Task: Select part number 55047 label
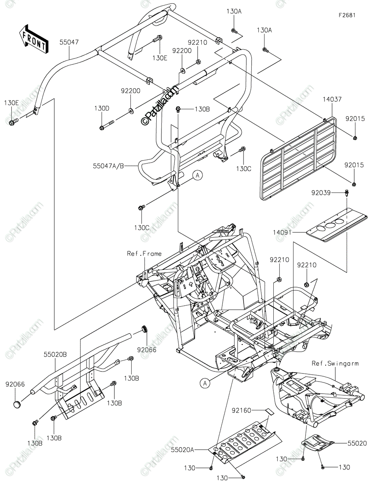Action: (x=70, y=42)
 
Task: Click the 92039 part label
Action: (x=320, y=193)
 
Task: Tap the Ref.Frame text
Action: (x=144, y=254)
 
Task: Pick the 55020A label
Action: (x=183, y=449)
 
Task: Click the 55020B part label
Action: (x=55, y=355)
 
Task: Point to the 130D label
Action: (x=102, y=108)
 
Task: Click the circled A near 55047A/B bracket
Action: (x=197, y=175)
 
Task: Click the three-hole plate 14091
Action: (x=337, y=224)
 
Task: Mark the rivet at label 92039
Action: (x=346, y=194)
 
